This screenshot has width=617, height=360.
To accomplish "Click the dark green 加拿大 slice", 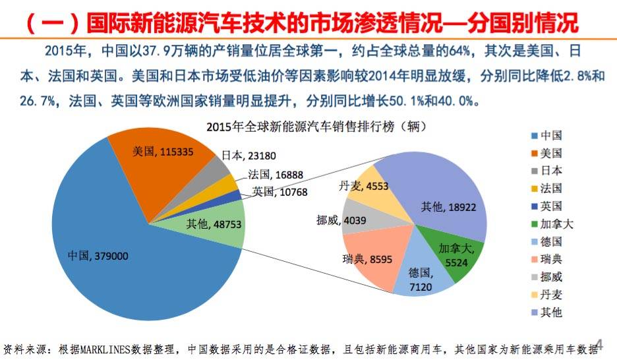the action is (452, 252).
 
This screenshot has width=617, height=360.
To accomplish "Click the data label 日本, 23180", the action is (249, 156).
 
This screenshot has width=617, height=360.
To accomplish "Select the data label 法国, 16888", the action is (276, 175).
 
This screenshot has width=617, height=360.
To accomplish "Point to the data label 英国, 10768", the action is (279, 192).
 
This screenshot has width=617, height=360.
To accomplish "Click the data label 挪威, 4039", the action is (341, 220).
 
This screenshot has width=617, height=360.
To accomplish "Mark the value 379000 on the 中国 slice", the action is (111, 256).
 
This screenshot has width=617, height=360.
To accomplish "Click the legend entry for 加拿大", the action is (552, 224).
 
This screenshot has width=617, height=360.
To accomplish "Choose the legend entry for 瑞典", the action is (546, 259).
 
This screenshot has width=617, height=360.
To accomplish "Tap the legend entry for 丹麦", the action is (546, 295).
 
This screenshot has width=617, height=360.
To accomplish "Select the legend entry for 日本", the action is (546, 171).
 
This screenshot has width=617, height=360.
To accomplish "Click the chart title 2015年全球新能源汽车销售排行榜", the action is (300, 127).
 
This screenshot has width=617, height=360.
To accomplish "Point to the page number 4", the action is (599, 344).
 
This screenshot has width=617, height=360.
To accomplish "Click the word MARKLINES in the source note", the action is (105, 349).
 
